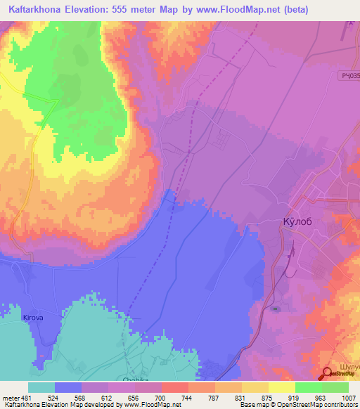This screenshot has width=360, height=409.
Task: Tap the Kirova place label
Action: [x=33, y=318]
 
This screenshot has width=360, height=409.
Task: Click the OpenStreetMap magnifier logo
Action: [x=328, y=375]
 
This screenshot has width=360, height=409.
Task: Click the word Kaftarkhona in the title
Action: [x=36, y=9]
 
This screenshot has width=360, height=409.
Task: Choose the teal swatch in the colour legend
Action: [x=41, y=387]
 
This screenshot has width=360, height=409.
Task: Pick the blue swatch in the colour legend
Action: [x=68, y=387]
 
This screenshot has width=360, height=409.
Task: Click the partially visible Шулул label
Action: [x=349, y=367]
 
